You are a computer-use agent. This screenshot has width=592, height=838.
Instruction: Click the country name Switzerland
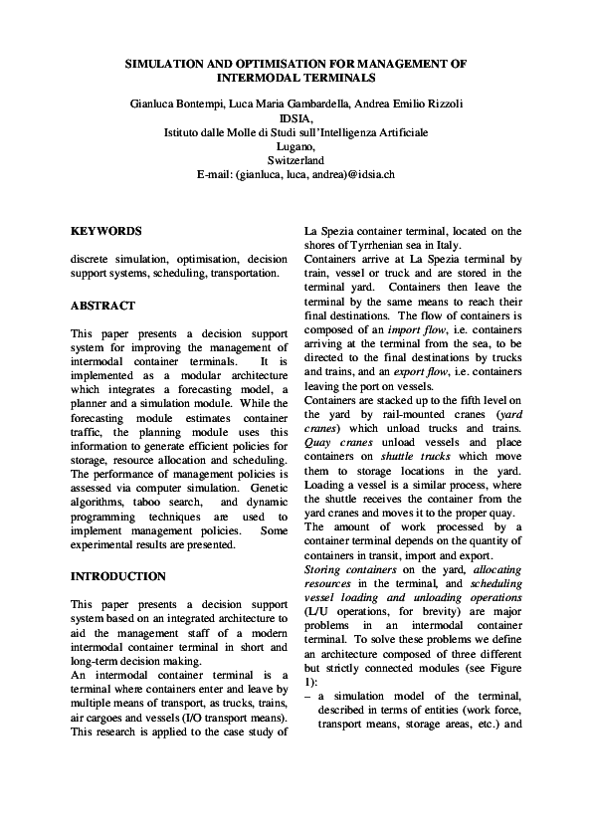pyautogui.click(x=296, y=159)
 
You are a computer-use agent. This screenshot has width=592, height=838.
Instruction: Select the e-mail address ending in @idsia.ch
pyautogui.click(x=296, y=173)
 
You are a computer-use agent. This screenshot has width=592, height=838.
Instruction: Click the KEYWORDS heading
pyautogui.click(x=106, y=231)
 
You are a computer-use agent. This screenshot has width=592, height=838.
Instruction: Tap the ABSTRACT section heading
pyautogui.click(x=103, y=306)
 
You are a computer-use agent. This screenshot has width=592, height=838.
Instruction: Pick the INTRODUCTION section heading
pyautogui.click(x=118, y=576)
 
